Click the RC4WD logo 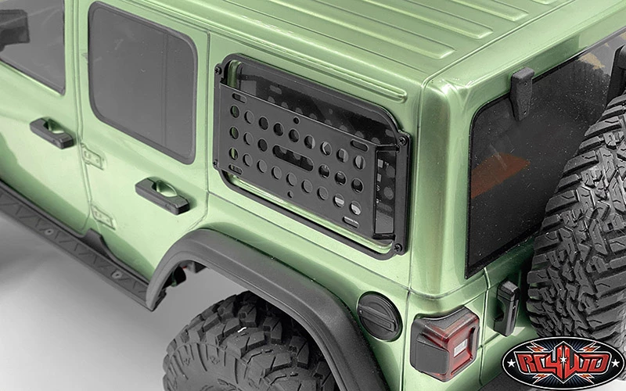pos(563,363)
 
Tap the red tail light pos(444,343)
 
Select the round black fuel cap pos(379,317)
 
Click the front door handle pos(52,132)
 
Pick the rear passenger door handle pos(162,195)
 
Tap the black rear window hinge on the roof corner pos(522,93)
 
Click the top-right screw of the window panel pos(402,141)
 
